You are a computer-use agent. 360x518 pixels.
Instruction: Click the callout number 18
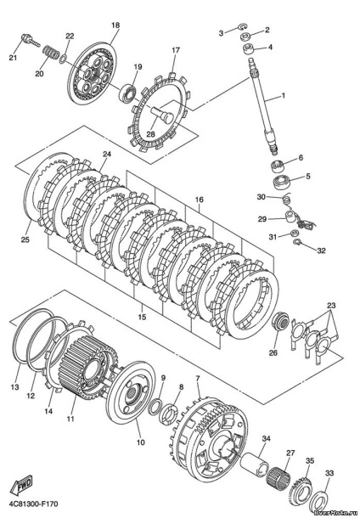(115, 25)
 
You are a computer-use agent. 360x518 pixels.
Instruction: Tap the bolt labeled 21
(30, 41)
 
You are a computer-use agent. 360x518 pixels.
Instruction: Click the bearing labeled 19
(128, 92)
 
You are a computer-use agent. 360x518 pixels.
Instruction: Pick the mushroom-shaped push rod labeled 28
(163, 114)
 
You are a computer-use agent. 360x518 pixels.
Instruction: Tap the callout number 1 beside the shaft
(283, 96)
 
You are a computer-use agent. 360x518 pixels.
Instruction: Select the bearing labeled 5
(281, 182)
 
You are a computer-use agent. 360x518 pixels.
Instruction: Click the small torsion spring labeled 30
(287, 200)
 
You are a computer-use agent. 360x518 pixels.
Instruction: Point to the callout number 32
(321, 251)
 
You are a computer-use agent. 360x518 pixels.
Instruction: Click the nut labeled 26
(280, 321)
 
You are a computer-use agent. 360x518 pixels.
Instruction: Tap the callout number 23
(331, 305)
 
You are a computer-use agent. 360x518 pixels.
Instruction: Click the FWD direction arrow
(22, 485)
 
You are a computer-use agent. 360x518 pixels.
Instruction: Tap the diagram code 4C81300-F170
(33, 504)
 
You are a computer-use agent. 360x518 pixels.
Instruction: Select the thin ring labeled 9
(155, 407)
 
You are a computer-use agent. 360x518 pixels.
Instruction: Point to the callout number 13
(15, 387)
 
